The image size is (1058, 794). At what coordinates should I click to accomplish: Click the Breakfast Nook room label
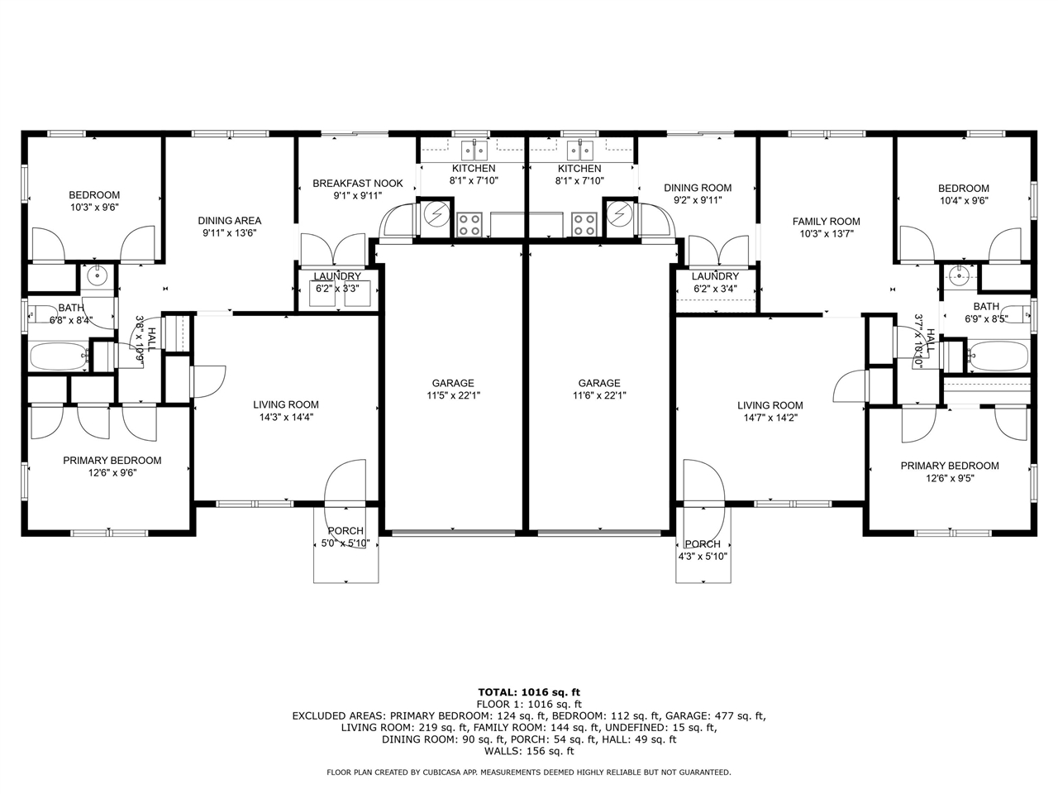[x=357, y=184]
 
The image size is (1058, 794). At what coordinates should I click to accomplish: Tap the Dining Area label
[x=230, y=221]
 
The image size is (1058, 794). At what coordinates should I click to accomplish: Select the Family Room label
[x=826, y=222]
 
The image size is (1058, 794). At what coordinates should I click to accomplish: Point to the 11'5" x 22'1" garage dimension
[x=453, y=395]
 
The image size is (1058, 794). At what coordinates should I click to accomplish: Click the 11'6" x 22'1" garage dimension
[x=599, y=395]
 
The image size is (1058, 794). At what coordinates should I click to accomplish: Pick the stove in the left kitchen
[x=469, y=223]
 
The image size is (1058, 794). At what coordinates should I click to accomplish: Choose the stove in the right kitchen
[x=585, y=223]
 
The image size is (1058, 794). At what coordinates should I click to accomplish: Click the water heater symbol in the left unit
[x=436, y=214]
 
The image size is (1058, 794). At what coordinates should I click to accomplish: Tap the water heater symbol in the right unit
[x=619, y=214]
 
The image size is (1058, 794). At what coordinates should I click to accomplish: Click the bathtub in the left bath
[x=60, y=358]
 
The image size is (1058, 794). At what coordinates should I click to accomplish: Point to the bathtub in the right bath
[x=998, y=356]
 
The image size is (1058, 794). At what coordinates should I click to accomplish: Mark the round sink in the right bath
[x=959, y=276]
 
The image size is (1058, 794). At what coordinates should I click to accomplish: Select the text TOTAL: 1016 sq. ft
[x=529, y=692]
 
